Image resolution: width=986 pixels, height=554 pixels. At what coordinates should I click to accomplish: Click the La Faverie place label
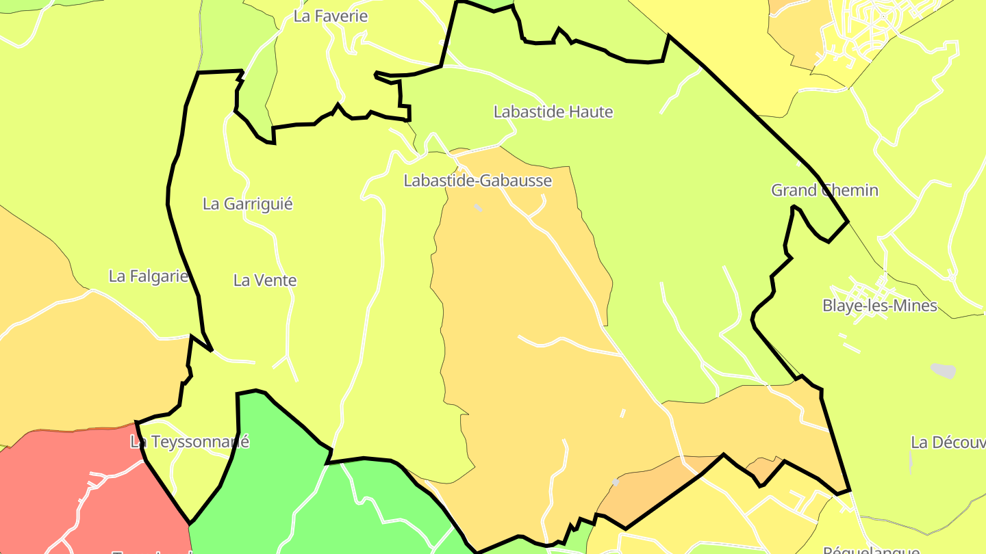click(x=331, y=16)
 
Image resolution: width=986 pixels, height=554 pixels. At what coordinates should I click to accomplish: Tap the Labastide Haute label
click(x=553, y=111)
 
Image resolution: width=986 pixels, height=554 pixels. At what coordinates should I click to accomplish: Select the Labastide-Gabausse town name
click(x=477, y=181)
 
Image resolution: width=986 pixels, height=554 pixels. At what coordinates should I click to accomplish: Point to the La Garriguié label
click(x=247, y=204)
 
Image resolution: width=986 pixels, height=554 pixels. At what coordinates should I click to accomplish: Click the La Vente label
click(x=265, y=280)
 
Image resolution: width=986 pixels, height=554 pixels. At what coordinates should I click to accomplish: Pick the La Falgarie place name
click(x=149, y=276)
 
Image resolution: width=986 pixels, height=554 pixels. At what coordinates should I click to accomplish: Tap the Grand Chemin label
click(x=824, y=190)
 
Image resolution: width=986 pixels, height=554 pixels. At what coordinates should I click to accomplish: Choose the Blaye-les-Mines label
click(x=879, y=306)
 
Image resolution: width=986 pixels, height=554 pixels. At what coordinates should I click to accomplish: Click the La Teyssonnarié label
click(x=190, y=442)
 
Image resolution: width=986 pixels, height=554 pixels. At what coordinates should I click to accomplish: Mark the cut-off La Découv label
click(x=948, y=442)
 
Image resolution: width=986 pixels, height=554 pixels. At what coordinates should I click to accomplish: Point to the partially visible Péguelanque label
click(x=870, y=549)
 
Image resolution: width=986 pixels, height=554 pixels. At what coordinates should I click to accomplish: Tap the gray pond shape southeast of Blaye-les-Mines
click(x=943, y=370)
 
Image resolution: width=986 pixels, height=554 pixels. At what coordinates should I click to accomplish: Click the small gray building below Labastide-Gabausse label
click(x=477, y=207)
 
